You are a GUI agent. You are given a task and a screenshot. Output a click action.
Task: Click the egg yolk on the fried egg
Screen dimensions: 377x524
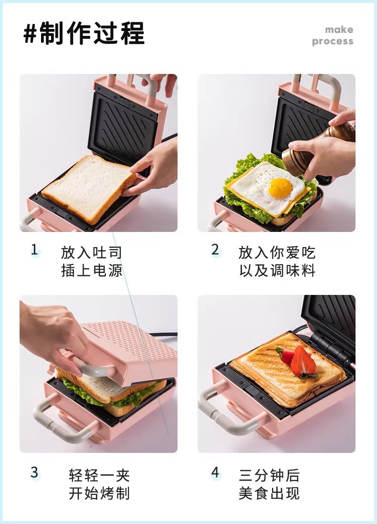[x=280, y=188]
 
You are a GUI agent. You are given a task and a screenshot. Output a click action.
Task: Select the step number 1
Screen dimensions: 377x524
[x=34, y=249]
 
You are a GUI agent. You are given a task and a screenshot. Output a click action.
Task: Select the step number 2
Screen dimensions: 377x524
[x=215, y=249]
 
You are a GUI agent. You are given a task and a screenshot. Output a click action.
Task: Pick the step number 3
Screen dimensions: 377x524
[x=34, y=472]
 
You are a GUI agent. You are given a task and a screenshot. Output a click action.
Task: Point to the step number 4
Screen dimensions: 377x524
[x=216, y=472]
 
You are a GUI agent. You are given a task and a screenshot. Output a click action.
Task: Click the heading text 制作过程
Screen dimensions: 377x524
[x=92, y=33]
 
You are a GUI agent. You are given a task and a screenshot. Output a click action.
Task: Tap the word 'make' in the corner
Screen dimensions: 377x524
[x=339, y=30]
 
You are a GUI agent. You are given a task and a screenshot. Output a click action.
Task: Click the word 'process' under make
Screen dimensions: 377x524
[x=333, y=41]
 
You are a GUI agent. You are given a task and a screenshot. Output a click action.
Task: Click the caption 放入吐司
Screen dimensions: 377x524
[x=92, y=252]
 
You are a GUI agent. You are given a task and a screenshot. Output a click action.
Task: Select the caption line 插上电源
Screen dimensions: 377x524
[x=92, y=271]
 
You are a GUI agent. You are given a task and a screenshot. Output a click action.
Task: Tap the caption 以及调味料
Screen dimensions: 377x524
[x=277, y=271]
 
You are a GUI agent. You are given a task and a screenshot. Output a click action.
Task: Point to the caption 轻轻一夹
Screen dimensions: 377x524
[x=99, y=475]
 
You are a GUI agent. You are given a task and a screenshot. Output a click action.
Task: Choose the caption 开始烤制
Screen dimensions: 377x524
[x=99, y=493]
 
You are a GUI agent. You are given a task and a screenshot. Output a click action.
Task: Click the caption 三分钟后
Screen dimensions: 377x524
[x=269, y=475]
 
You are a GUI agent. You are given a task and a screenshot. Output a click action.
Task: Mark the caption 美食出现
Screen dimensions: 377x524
[x=269, y=493]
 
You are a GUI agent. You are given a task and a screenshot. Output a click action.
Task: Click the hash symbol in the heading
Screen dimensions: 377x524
[x=30, y=34]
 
